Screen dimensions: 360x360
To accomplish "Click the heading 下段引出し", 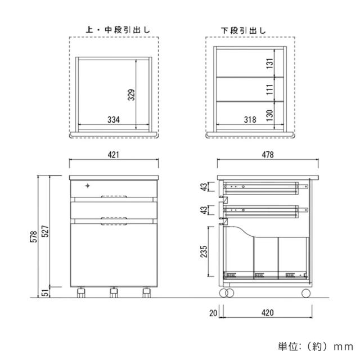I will pos(243,29).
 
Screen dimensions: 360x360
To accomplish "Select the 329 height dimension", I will pos(130,95).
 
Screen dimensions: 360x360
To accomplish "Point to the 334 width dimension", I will pos(114,119).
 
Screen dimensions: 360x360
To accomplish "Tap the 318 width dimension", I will pos(251,119).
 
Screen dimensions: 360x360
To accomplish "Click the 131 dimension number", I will pos(269,65).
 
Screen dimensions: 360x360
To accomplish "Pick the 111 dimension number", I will pos(269,88).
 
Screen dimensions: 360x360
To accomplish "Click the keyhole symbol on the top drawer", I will pos(87,186).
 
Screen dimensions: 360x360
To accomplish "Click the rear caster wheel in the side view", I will pos(305,292).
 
